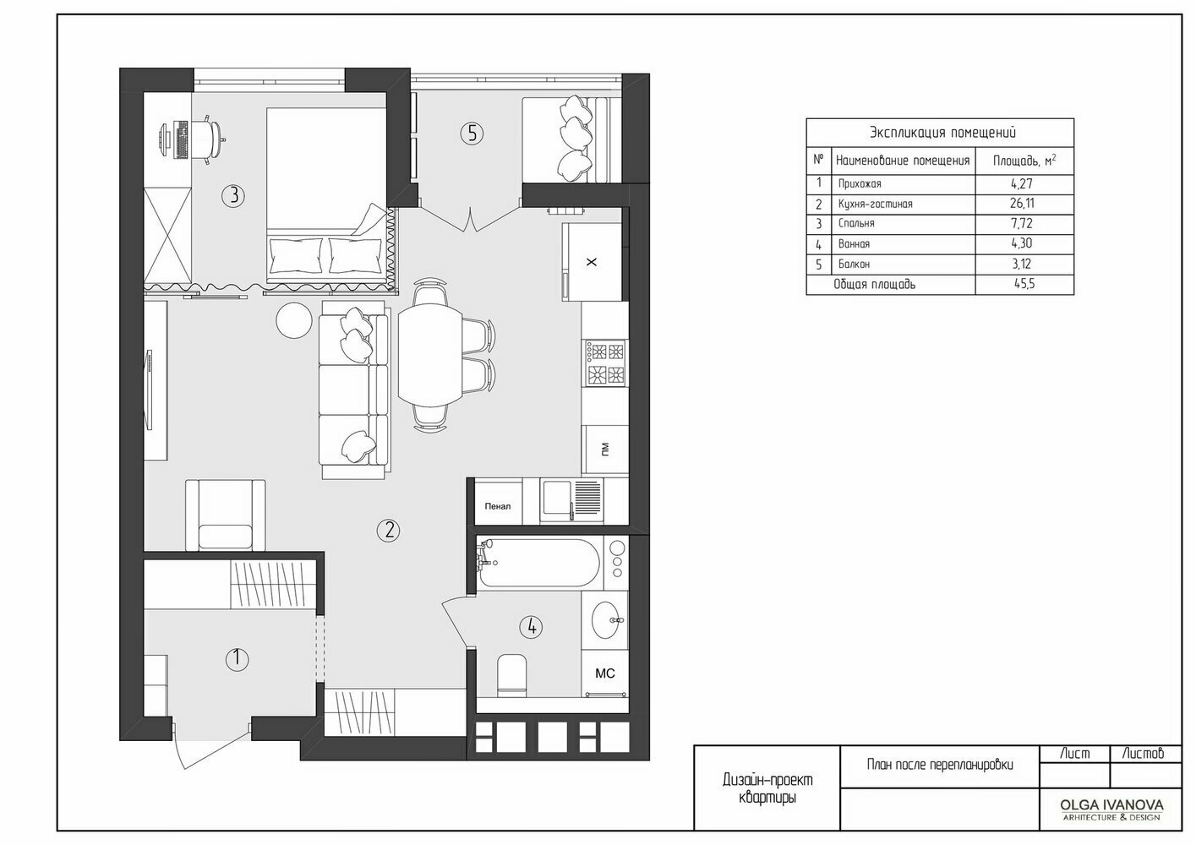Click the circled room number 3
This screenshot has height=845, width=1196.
(233, 196)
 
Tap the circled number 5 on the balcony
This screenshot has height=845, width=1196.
(472, 134)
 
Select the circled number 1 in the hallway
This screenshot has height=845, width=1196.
(237, 659)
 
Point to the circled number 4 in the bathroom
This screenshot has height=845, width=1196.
(532, 627)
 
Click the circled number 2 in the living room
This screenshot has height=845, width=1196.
(388, 530)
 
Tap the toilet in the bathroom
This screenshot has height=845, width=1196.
(511, 675)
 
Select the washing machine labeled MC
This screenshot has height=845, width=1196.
(605, 673)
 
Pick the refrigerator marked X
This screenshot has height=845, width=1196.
(592, 262)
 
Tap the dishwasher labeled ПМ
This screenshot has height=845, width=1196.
(605, 450)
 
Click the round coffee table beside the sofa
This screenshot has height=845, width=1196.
(293, 320)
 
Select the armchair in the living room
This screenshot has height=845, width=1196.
(226, 515)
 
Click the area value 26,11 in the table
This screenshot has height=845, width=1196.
(1022, 204)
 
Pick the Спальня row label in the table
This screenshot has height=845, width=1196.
(856, 223)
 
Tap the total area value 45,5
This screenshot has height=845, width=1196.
(1024, 283)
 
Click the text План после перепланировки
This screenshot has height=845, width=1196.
(940, 765)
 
